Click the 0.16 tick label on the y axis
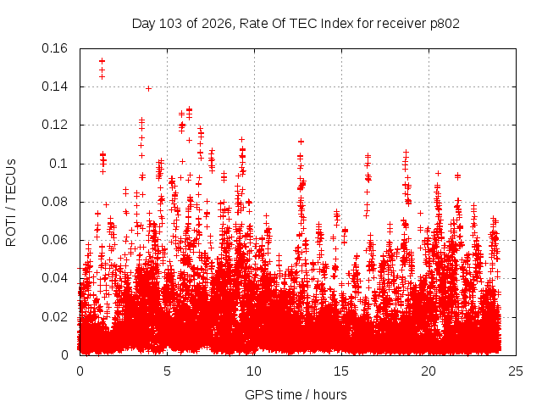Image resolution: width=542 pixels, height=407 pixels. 54,48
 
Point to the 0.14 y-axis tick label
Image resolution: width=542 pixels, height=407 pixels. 54,86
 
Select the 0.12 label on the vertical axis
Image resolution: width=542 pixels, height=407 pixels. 54,125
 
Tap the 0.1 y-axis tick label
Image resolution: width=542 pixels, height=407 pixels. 58,164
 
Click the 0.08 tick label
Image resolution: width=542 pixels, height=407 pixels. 54,202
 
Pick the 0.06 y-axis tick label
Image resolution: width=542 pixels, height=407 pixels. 54,240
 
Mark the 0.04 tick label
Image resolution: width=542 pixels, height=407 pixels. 54,278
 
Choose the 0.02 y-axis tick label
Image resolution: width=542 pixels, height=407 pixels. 54,316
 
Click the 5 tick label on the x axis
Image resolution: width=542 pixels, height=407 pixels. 168,371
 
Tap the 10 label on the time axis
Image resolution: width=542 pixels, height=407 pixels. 254,371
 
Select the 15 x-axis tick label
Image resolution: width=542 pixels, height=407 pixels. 341,371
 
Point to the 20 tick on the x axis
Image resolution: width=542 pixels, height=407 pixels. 429,371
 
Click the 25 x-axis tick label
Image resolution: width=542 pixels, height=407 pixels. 516,371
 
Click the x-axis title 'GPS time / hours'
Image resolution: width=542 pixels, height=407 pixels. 296,395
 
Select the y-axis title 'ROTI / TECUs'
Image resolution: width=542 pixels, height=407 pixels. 11,203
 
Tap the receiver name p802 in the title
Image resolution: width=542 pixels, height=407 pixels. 445,24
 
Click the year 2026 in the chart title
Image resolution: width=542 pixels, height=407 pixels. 216,24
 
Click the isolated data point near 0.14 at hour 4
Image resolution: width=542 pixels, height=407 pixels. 149,88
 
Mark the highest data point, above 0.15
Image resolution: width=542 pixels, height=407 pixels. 102,61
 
